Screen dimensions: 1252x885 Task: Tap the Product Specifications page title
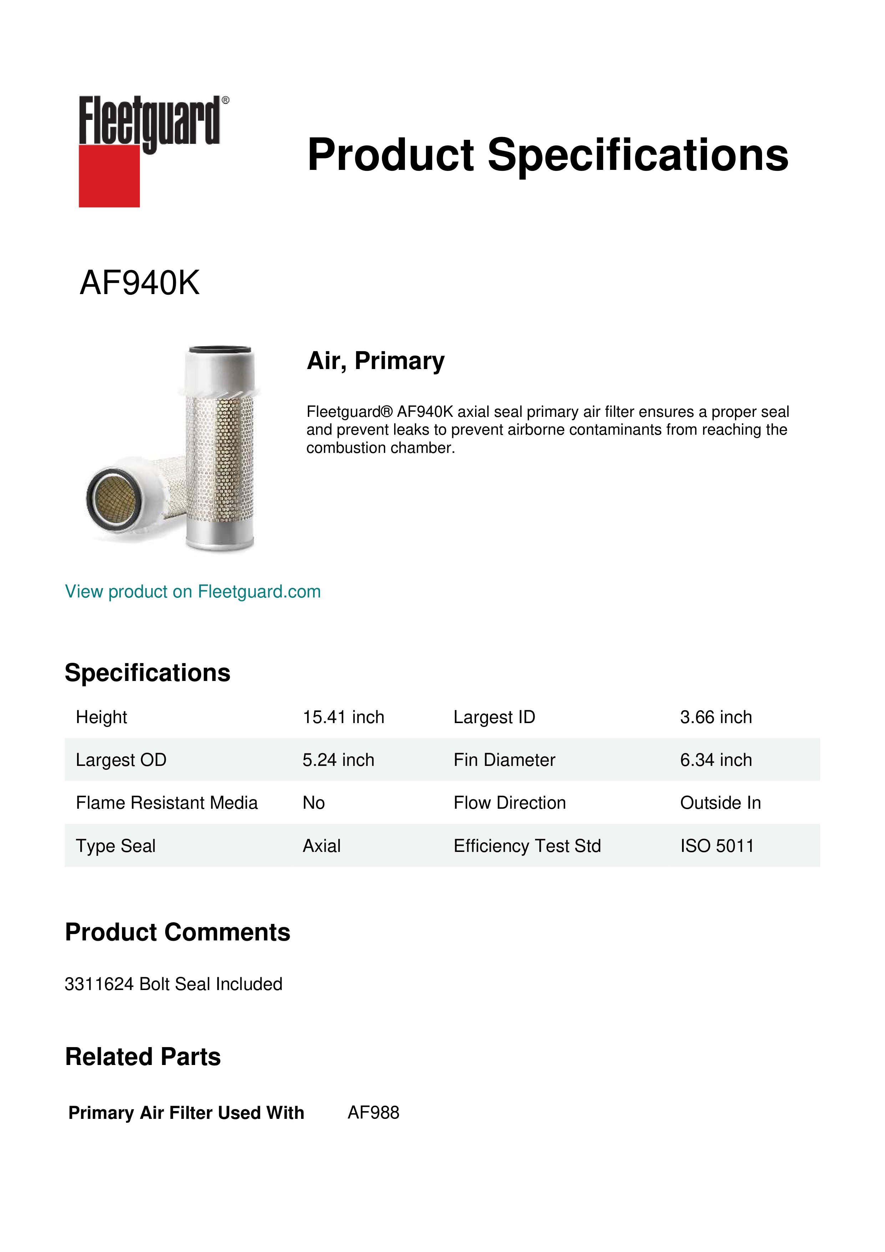pos(547,155)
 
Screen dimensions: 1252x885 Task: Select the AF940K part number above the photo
pos(139,283)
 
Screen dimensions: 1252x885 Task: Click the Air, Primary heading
pos(376,361)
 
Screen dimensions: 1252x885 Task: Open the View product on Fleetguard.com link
pos(192,592)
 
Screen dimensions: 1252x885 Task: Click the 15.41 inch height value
pos(343,717)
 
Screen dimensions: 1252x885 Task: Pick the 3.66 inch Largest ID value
pos(716,717)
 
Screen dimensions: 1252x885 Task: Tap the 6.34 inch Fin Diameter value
pos(716,760)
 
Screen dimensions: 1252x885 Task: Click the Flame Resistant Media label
pos(166,803)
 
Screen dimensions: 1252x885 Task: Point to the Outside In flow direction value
pos(720,803)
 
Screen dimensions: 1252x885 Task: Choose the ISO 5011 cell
pos(717,846)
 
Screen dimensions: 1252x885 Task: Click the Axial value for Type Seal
pos(321,846)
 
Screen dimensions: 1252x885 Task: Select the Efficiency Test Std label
pos(527,846)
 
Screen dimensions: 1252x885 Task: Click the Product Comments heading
pos(177,933)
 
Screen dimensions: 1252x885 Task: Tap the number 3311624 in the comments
pos(99,984)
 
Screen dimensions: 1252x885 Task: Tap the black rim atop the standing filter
pos(220,349)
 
